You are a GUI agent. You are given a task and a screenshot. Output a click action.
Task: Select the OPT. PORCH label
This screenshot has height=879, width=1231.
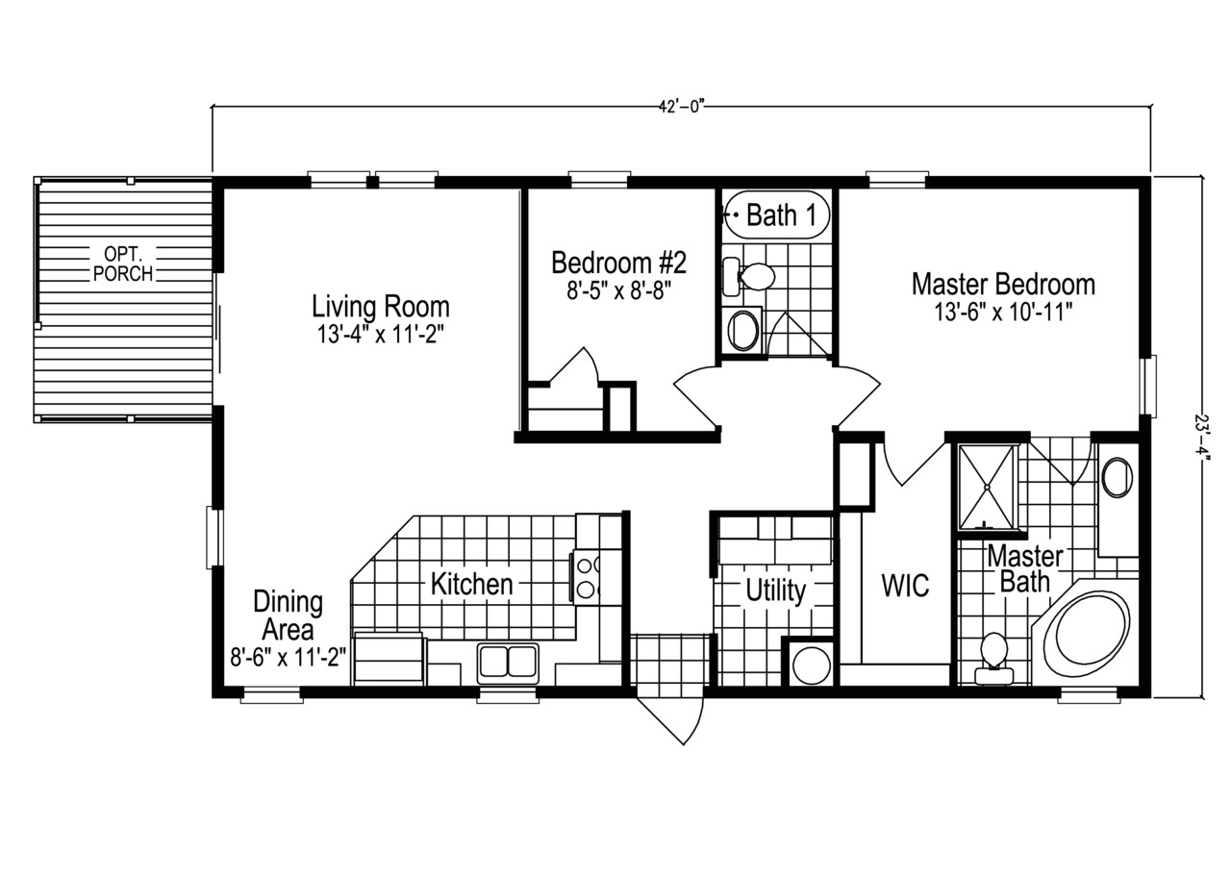[123, 264]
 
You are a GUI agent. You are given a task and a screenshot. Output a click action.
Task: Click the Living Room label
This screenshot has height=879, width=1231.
[380, 307]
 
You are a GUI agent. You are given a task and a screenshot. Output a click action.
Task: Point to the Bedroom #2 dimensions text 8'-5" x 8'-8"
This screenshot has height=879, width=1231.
[617, 289]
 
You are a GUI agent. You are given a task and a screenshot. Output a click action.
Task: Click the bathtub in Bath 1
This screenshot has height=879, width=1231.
[775, 215]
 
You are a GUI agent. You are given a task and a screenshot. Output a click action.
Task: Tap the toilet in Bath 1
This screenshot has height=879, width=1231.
[754, 278]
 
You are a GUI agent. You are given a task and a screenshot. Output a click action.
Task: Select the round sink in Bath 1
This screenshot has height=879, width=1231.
[743, 330]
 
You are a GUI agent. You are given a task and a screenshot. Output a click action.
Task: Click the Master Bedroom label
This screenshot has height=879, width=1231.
[1002, 285]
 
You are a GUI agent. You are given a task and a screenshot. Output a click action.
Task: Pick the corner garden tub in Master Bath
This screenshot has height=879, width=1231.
[1089, 635]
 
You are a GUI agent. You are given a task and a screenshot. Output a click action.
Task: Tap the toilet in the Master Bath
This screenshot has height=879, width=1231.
[992, 657]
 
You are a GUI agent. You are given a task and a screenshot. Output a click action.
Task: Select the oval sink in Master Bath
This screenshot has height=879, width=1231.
[1117, 477]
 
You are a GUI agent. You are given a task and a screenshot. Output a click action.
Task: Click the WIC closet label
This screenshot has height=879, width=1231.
[905, 586]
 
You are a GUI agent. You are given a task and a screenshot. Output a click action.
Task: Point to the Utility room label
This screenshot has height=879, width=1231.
[775, 591]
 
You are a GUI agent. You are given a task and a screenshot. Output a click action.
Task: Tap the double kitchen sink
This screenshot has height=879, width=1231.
[508, 664]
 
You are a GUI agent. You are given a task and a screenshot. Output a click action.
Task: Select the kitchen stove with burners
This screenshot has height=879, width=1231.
[586, 575]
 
